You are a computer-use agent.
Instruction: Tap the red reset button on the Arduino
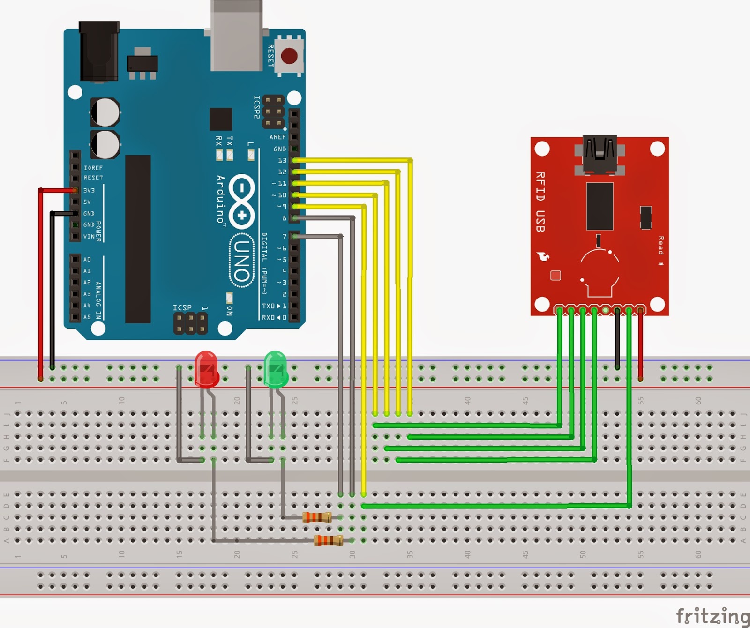[x=289, y=56]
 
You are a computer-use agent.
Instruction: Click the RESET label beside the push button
[x=270, y=56]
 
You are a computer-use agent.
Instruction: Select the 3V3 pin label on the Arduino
[x=89, y=190]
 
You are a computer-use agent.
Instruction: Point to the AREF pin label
[x=277, y=137]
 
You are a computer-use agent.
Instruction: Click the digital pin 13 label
[x=282, y=160]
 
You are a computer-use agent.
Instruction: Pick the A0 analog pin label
[x=87, y=259]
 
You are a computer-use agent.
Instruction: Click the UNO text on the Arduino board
[x=242, y=261]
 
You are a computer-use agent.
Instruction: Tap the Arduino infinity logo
[x=242, y=202]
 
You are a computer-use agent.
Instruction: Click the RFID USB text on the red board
[x=540, y=202]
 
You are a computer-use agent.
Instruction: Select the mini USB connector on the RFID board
[x=600, y=154]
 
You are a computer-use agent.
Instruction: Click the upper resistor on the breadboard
[x=317, y=517]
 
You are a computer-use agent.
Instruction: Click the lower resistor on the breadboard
[x=329, y=540]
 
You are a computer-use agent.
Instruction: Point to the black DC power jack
[x=99, y=52]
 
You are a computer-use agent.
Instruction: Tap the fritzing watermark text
[x=712, y=616]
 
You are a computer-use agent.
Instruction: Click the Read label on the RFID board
[x=661, y=245]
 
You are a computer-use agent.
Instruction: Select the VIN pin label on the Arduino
[x=89, y=236]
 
